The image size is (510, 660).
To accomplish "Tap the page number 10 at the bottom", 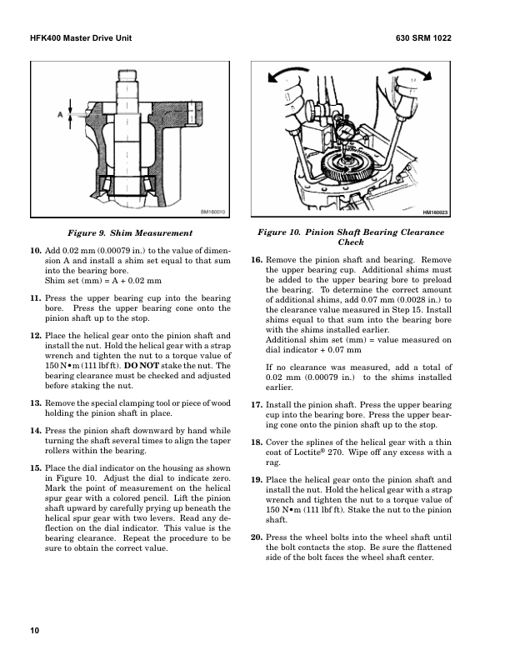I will point(35,629).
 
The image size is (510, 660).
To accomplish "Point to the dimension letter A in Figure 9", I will point(60,115).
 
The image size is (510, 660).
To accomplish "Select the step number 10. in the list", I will point(35,249).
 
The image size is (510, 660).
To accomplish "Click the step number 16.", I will point(257,260).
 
